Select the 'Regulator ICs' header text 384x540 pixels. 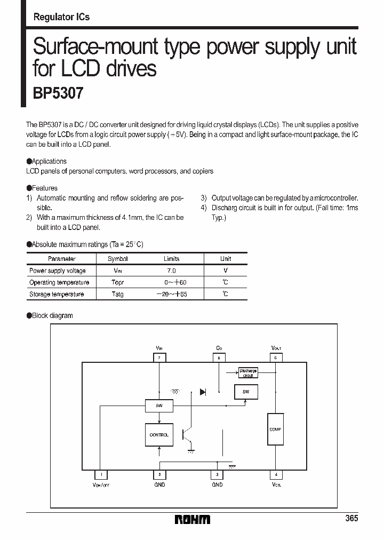pyautogui.click(x=61, y=17)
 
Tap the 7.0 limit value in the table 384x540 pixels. pyautogui.click(x=171, y=271)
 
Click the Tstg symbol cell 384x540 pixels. pyautogui.click(x=117, y=295)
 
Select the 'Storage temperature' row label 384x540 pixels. pyautogui.click(x=57, y=295)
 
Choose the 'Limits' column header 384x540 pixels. pyautogui.click(x=171, y=259)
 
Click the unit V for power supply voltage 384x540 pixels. pyautogui.click(x=226, y=271)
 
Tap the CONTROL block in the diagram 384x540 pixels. pyautogui.click(x=159, y=435)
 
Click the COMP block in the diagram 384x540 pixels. pyautogui.click(x=275, y=429)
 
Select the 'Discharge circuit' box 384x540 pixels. pyautogui.click(x=248, y=373)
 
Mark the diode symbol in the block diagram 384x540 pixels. pyautogui.click(x=203, y=392)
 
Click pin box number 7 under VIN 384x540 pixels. pyautogui.click(x=159, y=358)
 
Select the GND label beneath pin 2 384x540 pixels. pyautogui.click(x=159, y=485)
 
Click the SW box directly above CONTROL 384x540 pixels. pyautogui.click(x=159, y=406)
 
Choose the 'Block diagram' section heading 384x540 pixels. pyautogui.click(x=52, y=316)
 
